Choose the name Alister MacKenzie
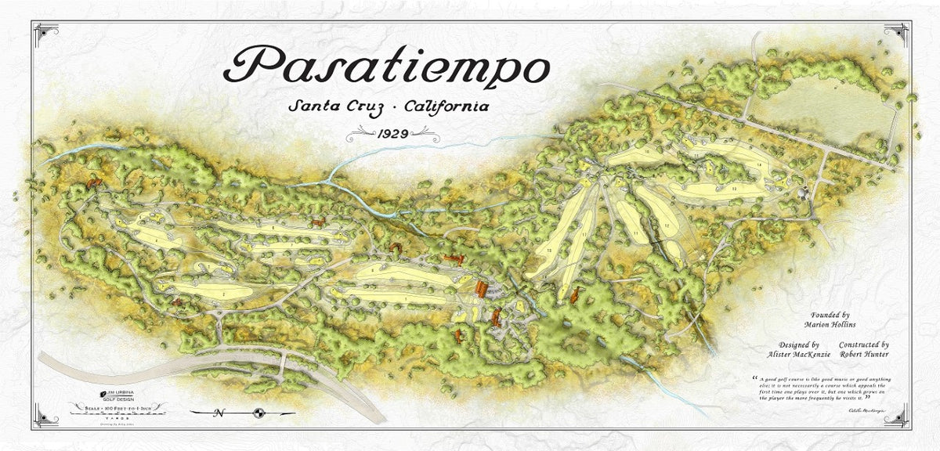click(x=800, y=354)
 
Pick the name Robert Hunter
click(x=863, y=354)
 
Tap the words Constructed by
click(x=863, y=345)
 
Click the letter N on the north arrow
click(x=219, y=413)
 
